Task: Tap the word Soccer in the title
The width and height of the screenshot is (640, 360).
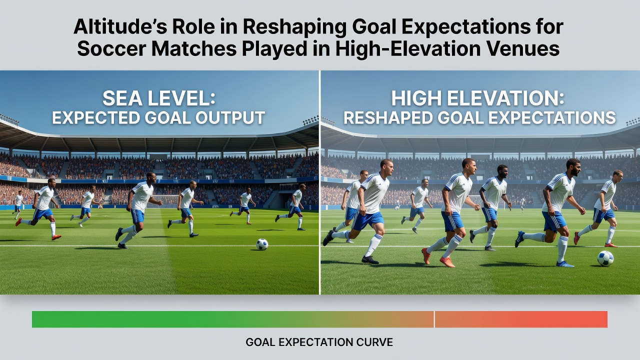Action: click(x=111, y=48)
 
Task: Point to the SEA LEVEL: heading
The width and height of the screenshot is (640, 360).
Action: click(x=159, y=98)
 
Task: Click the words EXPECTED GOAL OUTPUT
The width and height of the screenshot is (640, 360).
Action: click(x=158, y=117)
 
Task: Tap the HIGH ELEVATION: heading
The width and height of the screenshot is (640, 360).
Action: click(x=477, y=98)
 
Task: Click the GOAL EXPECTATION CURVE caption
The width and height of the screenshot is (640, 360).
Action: click(x=319, y=342)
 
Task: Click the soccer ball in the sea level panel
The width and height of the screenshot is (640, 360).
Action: click(x=262, y=244)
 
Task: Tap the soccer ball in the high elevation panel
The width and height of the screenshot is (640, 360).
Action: click(x=605, y=258)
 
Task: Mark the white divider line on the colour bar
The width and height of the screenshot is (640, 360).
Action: click(x=434, y=319)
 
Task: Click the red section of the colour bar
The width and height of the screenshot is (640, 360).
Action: click(x=521, y=319)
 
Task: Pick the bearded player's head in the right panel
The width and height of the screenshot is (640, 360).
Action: click(x=573, y=167)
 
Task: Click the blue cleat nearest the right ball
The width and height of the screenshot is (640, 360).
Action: click(x=565, y=264)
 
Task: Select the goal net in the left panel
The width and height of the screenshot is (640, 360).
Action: click(x=165, y=200)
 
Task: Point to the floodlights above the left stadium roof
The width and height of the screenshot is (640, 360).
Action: click(x=9, y=119)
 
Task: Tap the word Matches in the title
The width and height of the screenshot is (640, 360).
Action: click(x=194, y=48)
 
